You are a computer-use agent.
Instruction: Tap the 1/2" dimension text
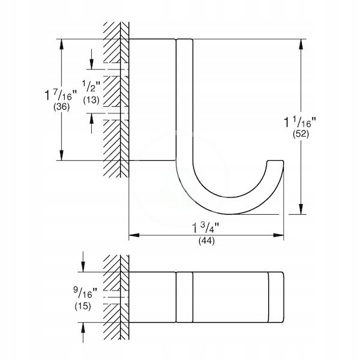[92, 88]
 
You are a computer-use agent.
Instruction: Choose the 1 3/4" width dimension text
[206, 229]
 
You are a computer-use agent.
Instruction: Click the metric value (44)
[206, 241]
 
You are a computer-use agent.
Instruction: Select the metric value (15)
[83, 307]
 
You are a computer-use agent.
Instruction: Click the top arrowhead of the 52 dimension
[299, 43]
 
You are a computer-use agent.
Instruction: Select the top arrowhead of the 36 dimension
[62, 43]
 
